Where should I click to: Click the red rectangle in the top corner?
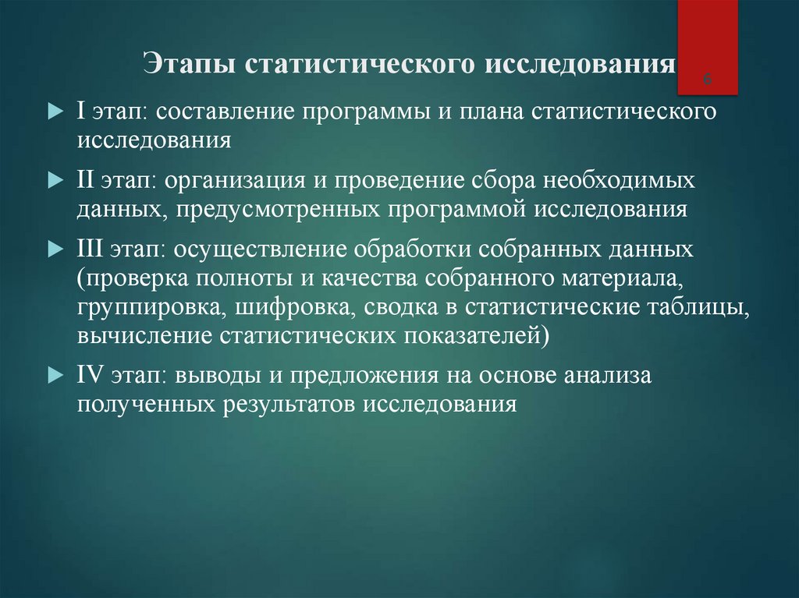coord(707,39)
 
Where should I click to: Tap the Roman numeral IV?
coord(91,376)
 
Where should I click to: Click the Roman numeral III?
coord(94,249)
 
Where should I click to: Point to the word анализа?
coord(609,376)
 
